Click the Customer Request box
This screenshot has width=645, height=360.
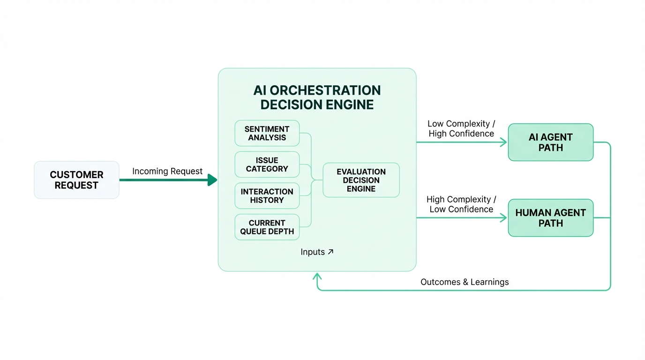(x=76, y=180)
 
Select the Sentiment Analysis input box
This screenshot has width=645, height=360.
(x=267, y=133)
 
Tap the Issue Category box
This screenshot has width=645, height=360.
(x=267, y=165)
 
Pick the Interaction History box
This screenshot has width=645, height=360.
(x=267, y=195)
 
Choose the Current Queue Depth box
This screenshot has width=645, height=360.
(x=267, y=227)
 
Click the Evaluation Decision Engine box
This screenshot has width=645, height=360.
(x=361, y=180)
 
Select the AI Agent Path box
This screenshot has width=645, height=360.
(x=550, y=142)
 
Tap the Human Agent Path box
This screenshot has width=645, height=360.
(x=550, y=218)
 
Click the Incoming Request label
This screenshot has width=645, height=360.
(x=167, y=171)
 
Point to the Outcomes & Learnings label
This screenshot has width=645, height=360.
(x=465, y=282)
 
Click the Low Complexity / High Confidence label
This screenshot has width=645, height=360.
(x=461, y=129)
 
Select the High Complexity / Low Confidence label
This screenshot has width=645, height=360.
(x=461, y=204)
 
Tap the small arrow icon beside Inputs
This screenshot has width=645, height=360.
(x=330, y=252)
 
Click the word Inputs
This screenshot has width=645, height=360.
(x=313, y=252)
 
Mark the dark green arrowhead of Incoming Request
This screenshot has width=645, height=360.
(x=213, y=180)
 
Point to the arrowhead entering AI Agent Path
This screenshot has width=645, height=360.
(x=503, y=142)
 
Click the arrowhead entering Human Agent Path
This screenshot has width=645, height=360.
(x=503, y=218)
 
